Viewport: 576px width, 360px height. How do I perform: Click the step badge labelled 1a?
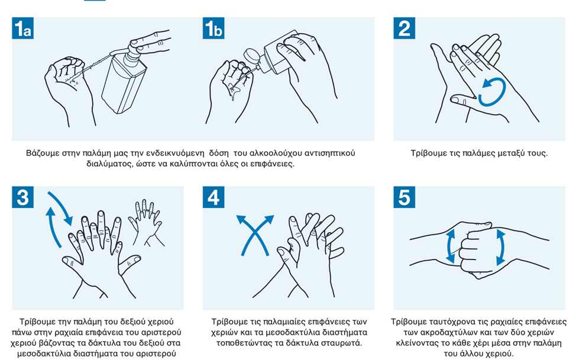[23, 28]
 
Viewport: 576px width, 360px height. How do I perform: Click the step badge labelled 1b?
[213, 28]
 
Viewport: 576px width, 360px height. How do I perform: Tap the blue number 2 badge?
[404, 28]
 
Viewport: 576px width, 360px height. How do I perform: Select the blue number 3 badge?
[23, 197]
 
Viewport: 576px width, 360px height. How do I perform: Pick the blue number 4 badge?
[213, 197]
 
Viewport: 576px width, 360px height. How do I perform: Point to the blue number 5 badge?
[404, 197]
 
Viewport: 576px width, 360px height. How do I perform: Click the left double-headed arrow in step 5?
[451, 246]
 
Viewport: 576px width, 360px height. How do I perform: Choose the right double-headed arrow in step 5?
[500, 247]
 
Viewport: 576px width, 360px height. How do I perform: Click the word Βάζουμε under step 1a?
[43, 153]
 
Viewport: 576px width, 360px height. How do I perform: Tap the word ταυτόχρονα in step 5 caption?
[451, 322]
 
